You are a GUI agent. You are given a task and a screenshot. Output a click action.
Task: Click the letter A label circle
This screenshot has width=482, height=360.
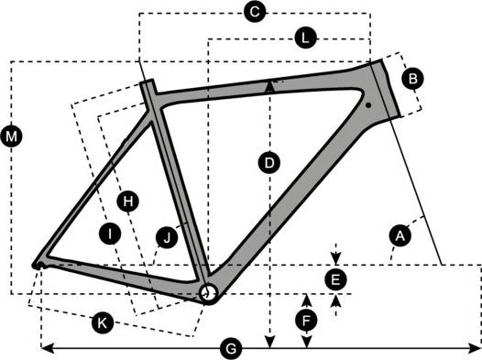point(399,236)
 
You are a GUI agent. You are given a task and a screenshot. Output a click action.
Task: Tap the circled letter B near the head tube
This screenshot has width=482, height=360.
point(413,80)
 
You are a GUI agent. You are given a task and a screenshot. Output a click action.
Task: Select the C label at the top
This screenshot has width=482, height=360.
point(256,12)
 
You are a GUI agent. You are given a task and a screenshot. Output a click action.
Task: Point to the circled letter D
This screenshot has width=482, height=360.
point(268,164)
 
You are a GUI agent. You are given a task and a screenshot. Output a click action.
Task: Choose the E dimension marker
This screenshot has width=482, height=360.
point(336,277)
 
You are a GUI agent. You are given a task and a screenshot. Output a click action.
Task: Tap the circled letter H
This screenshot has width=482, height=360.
point(129,200)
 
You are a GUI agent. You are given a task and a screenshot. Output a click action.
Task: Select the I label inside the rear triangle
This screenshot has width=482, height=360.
point(110,235)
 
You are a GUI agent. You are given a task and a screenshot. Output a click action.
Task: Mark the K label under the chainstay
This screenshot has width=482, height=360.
point(104,322)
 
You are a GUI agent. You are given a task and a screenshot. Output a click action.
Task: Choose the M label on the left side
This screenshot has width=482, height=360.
point(11,137)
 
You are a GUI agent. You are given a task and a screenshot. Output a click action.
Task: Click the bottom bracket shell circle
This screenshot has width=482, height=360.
point(210,291)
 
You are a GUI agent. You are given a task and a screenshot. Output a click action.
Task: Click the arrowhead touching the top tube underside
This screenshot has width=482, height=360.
point(268,84)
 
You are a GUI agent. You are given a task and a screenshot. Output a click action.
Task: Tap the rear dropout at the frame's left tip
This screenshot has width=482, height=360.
point(38,264)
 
